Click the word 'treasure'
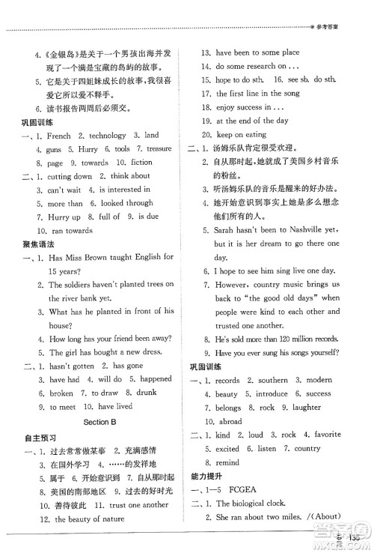point(159,149)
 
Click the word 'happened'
point(156,379)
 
